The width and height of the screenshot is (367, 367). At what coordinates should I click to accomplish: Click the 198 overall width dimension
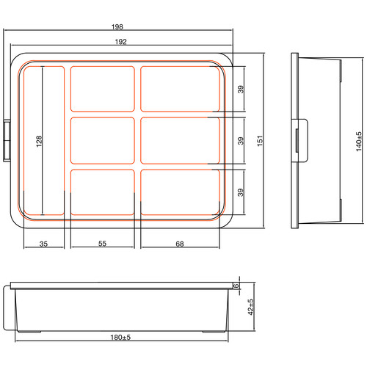pyautogui.click(x=118, y=26)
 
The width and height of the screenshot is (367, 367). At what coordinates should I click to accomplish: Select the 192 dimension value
pyautogui.click(x=119, y=42)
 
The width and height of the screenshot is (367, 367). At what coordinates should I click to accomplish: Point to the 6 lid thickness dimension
pyautogui.click(x=237, y=286)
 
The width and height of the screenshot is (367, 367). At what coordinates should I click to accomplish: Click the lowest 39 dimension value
pyautogui.click(x=241, y=192)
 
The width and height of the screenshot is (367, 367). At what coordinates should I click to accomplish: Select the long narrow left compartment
pyautogui.click(x=43, y=140)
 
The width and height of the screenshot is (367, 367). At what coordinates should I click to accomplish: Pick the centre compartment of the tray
pyautogui.click(x=101, y=140)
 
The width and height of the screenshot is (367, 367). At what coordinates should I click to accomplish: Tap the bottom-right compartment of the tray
pyautogui.click(x=179, y=192)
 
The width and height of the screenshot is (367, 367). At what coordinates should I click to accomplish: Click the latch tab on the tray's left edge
pyautogui.click(x=8, y=139)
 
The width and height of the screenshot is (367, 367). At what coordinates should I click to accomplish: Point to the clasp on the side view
pyautogui.click(x=300, y=139)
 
